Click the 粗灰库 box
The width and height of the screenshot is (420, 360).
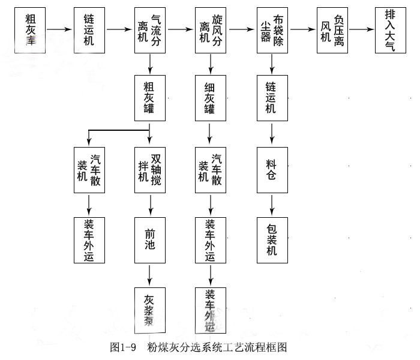pos(31,29)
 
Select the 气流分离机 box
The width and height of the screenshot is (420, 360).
pos(149,29)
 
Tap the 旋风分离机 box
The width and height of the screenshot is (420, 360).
pos(210,29)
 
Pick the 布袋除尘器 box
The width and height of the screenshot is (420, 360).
pos(272,29)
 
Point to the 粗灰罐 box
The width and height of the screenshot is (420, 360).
pos(149,97)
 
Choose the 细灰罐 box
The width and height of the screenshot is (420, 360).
pos(210,97)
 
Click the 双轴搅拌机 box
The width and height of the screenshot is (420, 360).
pos(149,170)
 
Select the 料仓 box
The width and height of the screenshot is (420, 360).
pos(272,170)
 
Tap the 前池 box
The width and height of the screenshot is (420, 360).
pos(149,239)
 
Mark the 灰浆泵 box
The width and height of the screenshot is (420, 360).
pos(149,308)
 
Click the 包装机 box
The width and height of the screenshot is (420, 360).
pos(272,239)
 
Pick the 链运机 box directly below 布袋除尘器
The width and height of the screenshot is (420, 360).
pos(272,97)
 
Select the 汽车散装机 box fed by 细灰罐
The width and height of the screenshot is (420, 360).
pos(210,170)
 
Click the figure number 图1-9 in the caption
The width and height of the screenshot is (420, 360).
pos(124,347)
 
